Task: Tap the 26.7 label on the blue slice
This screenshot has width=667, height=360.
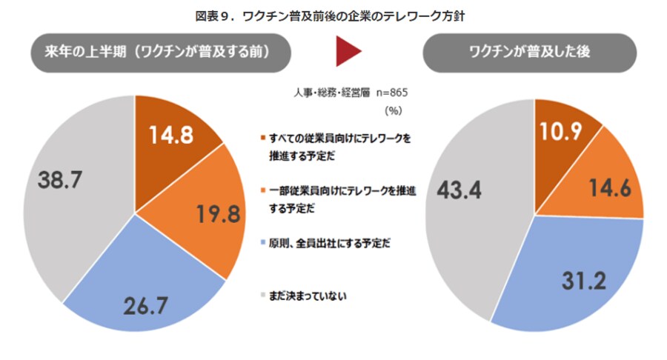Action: click(145, 303)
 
